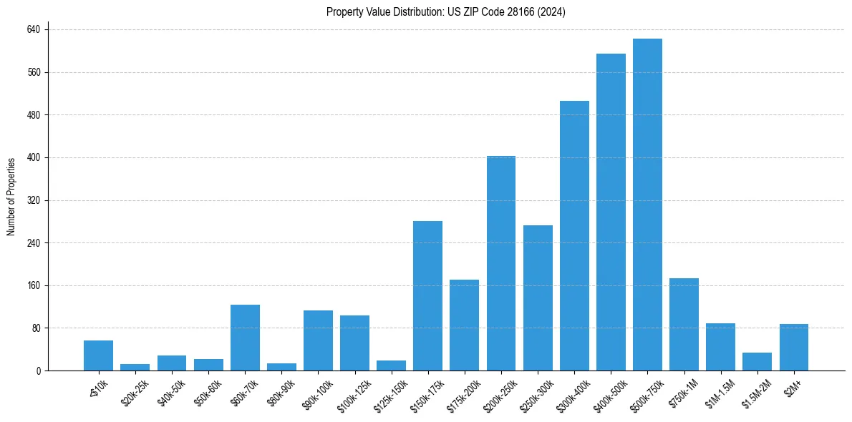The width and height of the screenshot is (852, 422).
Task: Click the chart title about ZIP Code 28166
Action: pyautogui.click(x=445, y=12)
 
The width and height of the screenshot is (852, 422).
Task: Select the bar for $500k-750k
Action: pyautogui.click(x=647, y=205)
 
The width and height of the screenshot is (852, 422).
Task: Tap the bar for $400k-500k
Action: pyautogui.click(x=611, y=212)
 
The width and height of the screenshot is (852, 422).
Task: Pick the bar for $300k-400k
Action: pyautogui.click(x=574, y=236)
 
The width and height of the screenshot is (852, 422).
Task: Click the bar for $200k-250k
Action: pyautogui.click(x=501, y=263)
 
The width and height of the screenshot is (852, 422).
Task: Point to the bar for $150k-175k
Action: pyautogui.click(x=427, y=296)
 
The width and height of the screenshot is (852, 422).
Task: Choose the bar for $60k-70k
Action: pyautogui.click(x=245, y=338)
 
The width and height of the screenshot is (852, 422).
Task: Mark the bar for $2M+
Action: pyautogui.click(x=793, y=348)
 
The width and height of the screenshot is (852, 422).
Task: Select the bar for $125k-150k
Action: pyautogui.click(x=391, y=365)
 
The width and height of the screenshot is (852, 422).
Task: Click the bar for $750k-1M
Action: pyautogui.click(x=684, y=325)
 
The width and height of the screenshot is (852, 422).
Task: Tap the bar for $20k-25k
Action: pyautogui.click(x=135, y=368)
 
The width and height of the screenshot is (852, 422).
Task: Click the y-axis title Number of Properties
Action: pyautogui.click(x=11, y=197)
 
